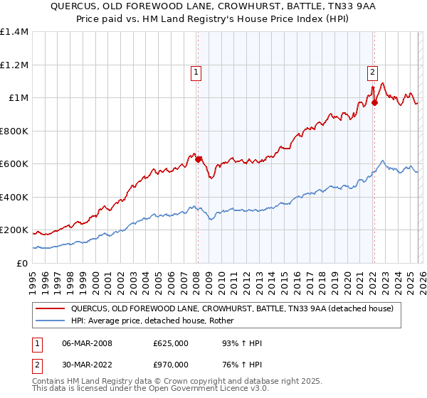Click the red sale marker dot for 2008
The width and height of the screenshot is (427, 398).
199,159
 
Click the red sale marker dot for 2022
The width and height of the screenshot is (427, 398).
374,102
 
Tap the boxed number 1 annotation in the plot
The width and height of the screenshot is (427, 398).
196,71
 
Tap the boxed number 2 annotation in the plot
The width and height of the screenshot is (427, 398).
372,71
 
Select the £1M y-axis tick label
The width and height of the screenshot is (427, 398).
18,98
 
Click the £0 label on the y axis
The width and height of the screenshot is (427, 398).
22,263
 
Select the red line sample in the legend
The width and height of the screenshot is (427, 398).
51,308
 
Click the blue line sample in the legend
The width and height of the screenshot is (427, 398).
51,321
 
